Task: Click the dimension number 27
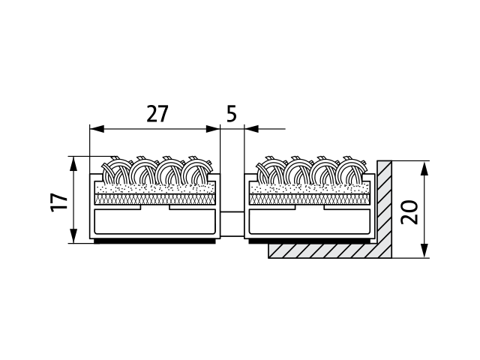click(x=157, y=114)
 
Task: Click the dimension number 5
click(x=232, y=114)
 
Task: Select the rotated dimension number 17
click(x=58, y=202)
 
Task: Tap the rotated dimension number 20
click(x=410, y=211)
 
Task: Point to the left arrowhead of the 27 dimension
click(x=97, y=129)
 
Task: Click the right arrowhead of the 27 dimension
click(x=213, y=129)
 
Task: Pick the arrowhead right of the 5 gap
click(x=252, y=129)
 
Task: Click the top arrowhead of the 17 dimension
click(x=73, y=164)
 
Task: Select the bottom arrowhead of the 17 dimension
click(x=73, y=236)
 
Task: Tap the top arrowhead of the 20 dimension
click(x=424, y=169)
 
